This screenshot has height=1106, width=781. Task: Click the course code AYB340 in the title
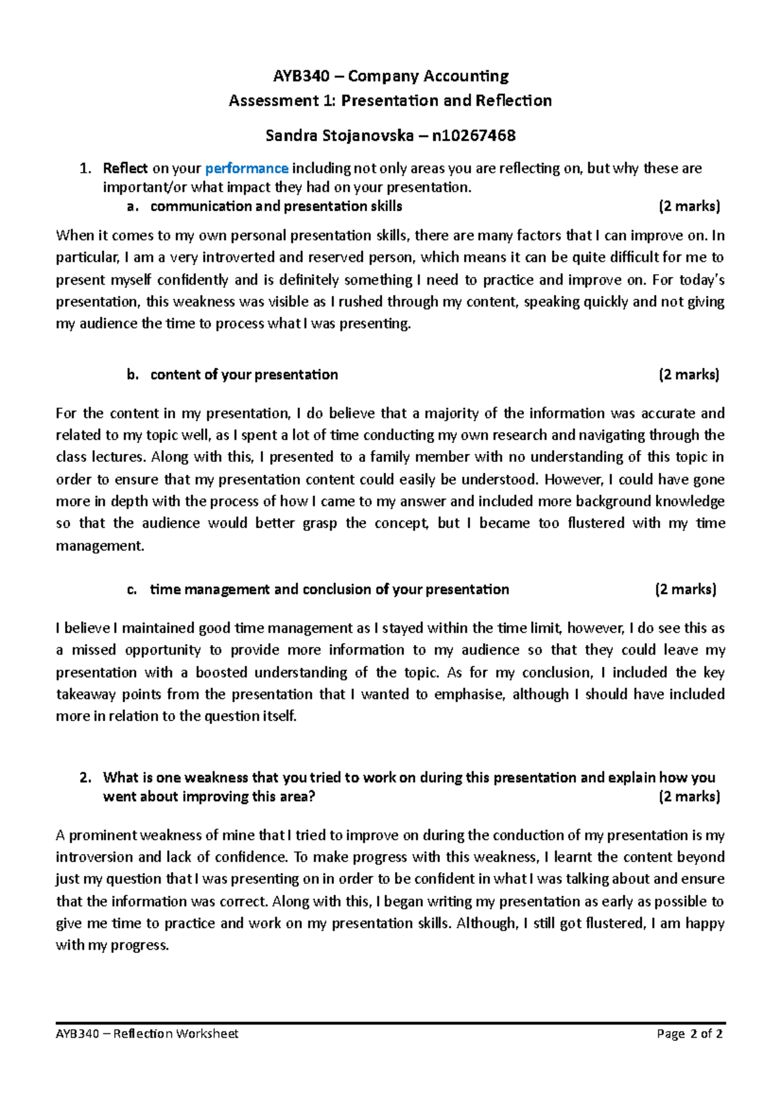[x=301, y=76]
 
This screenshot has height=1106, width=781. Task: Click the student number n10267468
[x=473, y=135]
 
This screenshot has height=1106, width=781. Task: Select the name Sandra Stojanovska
[x=339, y=135]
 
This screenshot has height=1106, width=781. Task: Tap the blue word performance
[x=247, y=169]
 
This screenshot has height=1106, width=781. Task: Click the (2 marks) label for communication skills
[x=689, y=206]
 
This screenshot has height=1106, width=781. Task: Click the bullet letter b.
[x=133, y=375]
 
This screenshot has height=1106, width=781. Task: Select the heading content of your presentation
[x=244, y=375]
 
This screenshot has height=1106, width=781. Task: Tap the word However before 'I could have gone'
[x=573, y=479]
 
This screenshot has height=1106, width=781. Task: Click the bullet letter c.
[x=132, y=590]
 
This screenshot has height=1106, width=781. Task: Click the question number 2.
[x=84, y=778]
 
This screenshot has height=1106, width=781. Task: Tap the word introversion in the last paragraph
[x=94, y=857]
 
